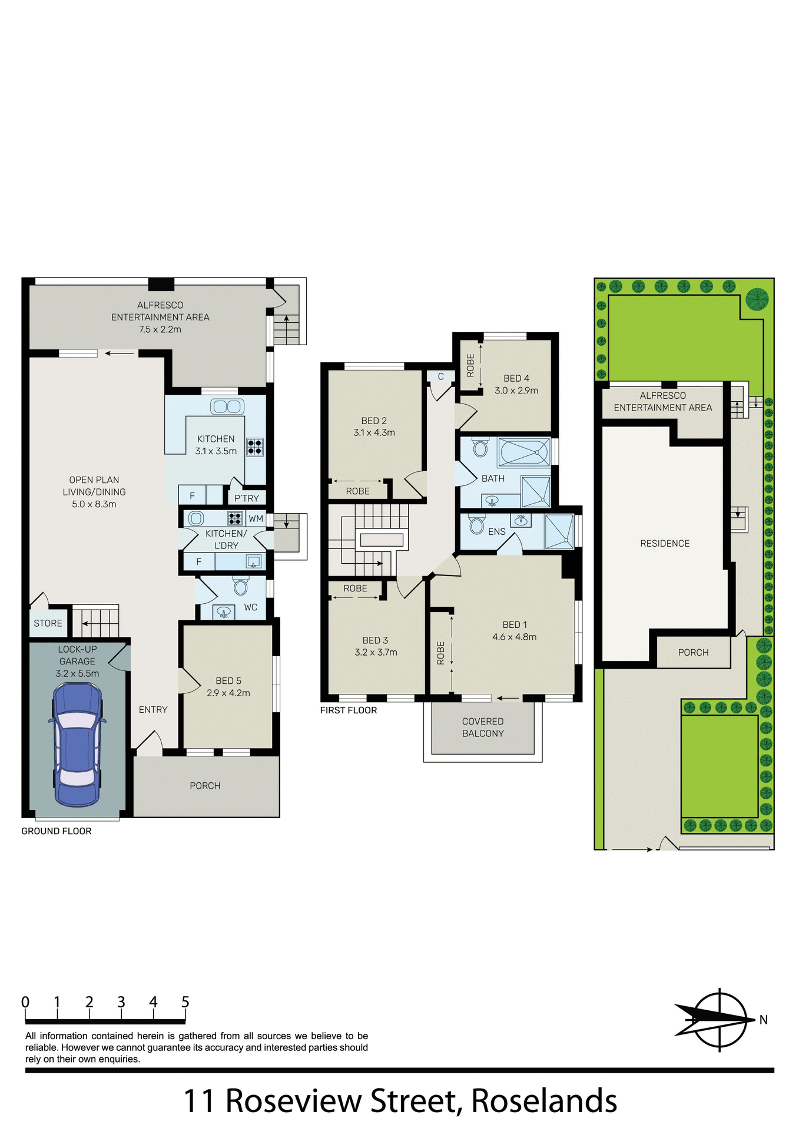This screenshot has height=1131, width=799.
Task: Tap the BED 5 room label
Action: tap(228, 680)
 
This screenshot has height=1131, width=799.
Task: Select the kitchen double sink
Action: tap(227, 406)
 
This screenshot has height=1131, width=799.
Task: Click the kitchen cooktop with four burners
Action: tap(254, 447)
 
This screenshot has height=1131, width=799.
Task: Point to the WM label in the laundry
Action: tap(256, 518)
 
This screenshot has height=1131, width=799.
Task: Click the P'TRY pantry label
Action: tap(246, 498)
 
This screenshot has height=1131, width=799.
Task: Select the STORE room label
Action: tap(48, 623)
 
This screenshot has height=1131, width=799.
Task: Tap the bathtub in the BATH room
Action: tap(523, 452)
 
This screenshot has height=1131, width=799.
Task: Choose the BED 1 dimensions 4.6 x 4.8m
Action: tap(514, 637)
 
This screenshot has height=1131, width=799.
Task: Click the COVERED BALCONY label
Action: tap(483, 727)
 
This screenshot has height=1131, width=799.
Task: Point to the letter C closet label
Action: tap(440, 376)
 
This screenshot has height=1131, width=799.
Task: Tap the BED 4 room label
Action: tap(516, 378)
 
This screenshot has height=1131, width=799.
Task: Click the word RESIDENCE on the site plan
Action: tap(665, 543)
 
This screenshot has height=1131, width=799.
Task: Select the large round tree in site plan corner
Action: tap(757, 299)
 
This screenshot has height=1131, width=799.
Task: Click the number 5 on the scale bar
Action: tap(185, 1001)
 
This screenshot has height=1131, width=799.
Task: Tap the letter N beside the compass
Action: tap(763, 1020)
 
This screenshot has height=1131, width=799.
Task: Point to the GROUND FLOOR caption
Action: tap(57, 831)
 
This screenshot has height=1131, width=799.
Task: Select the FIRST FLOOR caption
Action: tap(349, 710)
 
